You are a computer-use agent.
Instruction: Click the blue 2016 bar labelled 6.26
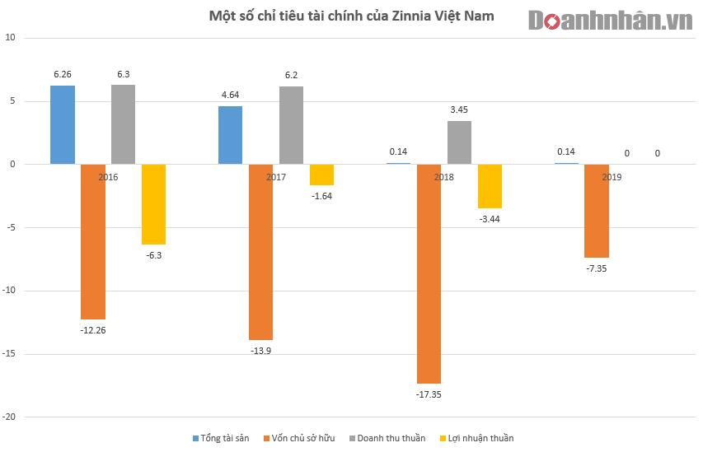[63, 124]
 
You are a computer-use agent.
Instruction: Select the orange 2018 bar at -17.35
[429, 273]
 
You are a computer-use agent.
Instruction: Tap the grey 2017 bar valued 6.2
[291, 125]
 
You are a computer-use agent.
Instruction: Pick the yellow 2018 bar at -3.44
[490, 186]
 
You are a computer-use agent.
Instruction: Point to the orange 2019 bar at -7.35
[597, 211]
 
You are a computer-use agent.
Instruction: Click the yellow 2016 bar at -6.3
[153, 204]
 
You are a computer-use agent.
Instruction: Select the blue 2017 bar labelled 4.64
[230, 135]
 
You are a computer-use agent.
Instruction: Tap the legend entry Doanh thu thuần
[387, 438]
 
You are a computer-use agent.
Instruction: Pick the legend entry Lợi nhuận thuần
[477, 438]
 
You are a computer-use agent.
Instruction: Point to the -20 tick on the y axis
[11, 417]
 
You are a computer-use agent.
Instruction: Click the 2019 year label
[611, 177]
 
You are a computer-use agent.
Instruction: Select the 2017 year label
[276, 177]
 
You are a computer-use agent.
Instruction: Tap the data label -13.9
[260, 352]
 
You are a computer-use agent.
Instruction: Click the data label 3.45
[459, 109]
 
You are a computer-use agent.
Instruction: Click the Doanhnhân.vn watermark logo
[610, 21]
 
